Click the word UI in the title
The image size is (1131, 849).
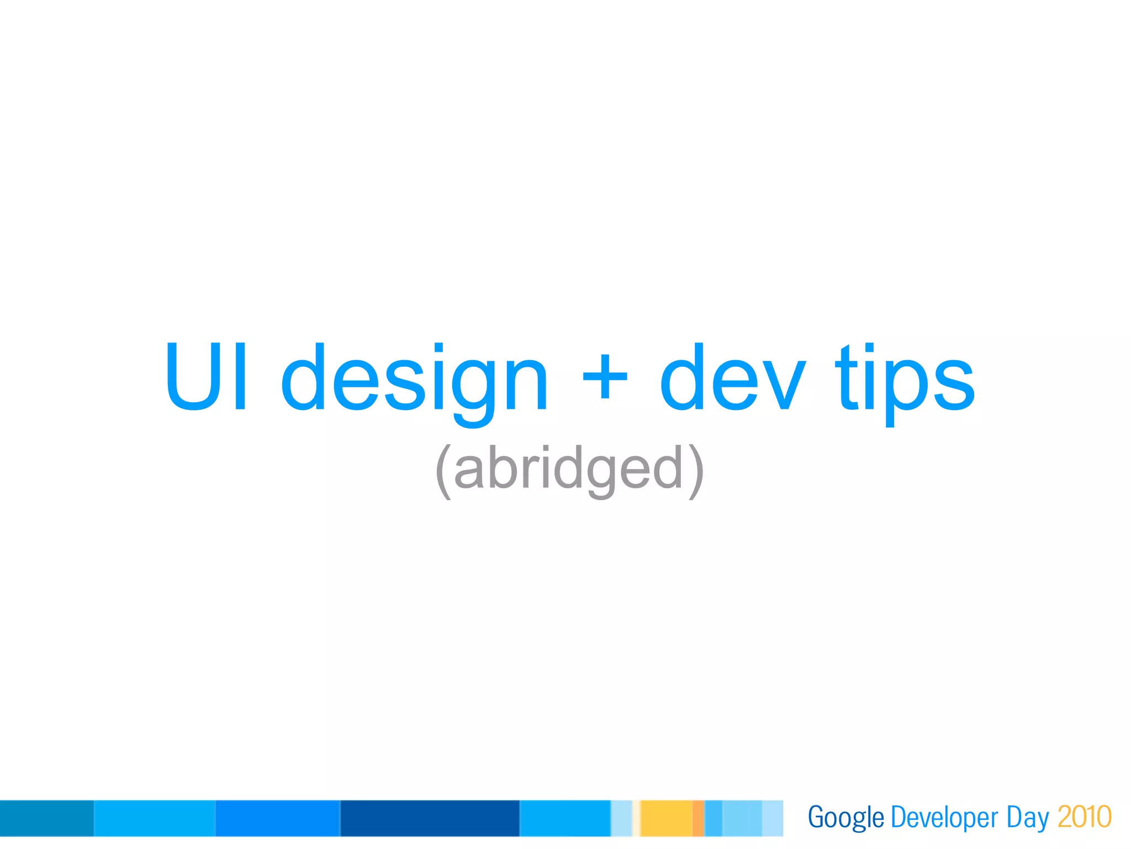coord(207,377)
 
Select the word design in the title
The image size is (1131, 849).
coord(414,381)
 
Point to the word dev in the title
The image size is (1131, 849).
coord(732,378)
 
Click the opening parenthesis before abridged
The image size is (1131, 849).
coord(443,471)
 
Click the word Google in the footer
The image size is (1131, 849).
coord(845,818)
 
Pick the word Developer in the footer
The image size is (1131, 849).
coord(944,818)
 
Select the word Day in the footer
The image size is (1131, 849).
coord(1027,818)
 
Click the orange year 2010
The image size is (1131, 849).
coord(1084,817)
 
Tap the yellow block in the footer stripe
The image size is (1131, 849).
coord(666,818)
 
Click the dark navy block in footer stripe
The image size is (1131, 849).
coord(430,818)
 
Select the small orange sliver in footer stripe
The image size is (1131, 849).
coord(698,818)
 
